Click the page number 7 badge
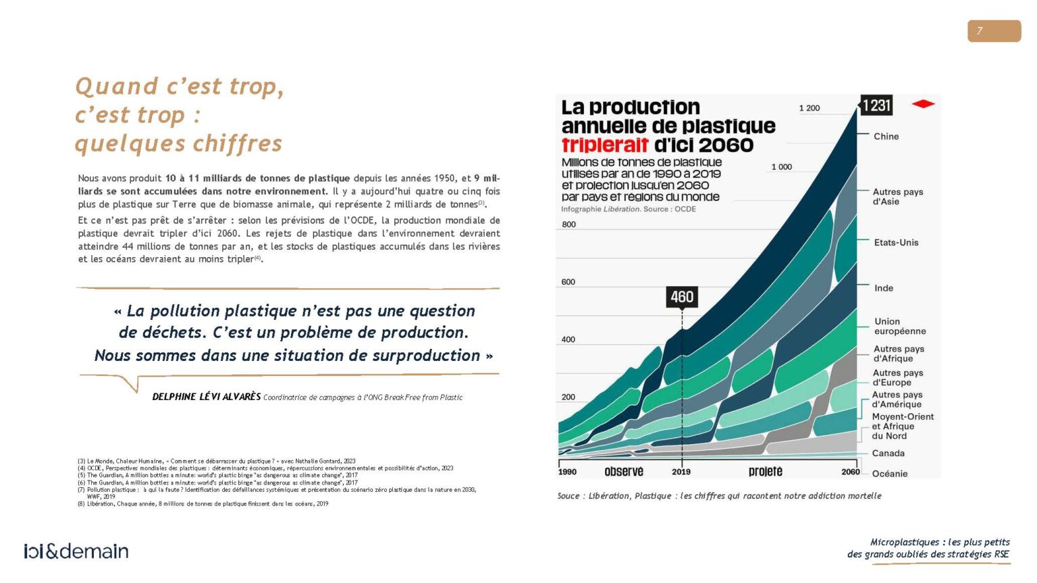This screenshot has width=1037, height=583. (x=993, y=31)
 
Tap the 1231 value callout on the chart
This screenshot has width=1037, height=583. (x=876, y=105)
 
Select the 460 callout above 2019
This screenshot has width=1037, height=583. (x=681, y=297)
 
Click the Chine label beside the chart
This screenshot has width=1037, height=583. (x=886, y=136)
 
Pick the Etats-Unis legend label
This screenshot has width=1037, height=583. (x=896, y=243)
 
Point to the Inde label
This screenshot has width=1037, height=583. (x=883, y=288)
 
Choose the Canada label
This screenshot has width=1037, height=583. (x=888, y=453)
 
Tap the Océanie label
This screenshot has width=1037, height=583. (x=889, y=474)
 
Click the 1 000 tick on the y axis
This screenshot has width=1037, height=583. (x=781, y=167)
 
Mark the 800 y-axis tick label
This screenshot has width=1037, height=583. (x=568, y=225)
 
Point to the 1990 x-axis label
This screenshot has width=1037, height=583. (x=567, y=472)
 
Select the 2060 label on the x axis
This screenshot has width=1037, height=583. (x=850, y=472)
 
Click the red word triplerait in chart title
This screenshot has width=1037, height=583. (x=605, y=145)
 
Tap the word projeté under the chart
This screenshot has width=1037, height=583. (x=765, y=472)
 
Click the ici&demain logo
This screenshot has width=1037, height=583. (x=76, y=551)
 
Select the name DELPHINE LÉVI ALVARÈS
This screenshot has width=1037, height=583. (x=206, y=397)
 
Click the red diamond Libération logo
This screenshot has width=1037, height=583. (x=923, y=104)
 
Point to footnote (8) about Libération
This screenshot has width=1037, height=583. (x=203, y=503)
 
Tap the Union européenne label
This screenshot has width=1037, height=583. (x=899, y=327)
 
